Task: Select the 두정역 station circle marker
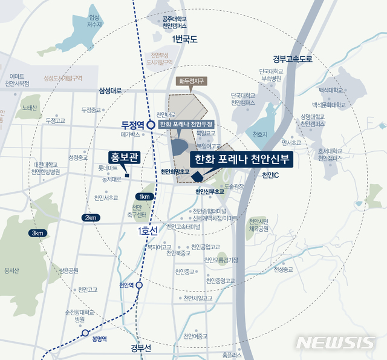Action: point(150,125)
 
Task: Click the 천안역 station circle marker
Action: point(140,284)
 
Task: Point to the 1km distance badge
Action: point(144,197)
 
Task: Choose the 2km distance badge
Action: point(91,217)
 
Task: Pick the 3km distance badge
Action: point(37,233)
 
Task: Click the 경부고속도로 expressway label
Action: point(292,59)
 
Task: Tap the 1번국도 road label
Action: point(185,40)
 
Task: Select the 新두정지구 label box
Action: point(189,80)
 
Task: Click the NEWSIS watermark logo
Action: point(336,342)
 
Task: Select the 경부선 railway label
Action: point(141,347)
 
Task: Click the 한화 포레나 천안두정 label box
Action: point(190,124)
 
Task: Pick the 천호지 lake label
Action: point(261,133)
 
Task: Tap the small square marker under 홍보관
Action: point(126,168)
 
